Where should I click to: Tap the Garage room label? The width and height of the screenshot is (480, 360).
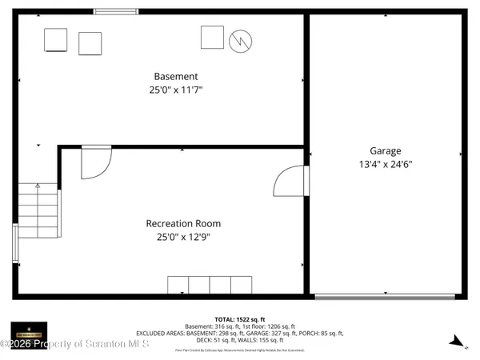coord(385,150)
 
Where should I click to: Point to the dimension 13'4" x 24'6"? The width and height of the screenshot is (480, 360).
coord(385,164)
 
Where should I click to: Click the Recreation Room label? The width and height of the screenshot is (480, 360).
coord(183,223)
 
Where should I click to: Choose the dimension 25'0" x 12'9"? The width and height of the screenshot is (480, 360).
coord(183,237)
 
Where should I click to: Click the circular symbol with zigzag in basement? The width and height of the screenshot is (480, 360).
coord(241,41)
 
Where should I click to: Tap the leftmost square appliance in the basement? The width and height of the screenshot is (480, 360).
coord(55,40)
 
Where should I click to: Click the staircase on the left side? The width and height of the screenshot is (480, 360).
coord(38,210)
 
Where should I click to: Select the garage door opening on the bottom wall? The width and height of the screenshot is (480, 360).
coord(386,297)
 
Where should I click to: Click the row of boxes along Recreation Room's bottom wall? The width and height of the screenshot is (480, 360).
coord(210,285)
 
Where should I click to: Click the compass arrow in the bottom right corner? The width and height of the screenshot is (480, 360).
coord(456,340)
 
